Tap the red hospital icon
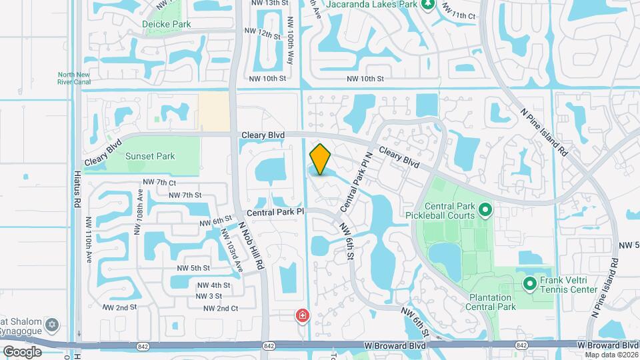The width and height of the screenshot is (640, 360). tap(303, 315)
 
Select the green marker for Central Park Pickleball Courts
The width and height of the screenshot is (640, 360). tap(485, 211)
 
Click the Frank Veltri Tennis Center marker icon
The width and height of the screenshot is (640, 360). tap(530, 285)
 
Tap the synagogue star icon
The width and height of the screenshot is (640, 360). tap(52, 326)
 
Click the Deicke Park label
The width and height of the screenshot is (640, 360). tap(167, 24)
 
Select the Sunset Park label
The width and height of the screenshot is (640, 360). tap(150, 157)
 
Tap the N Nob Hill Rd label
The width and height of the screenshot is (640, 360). tap(251, 245)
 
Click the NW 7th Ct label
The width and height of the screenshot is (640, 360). tap(159, 182)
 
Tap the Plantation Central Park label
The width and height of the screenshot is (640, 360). tap(488, 302)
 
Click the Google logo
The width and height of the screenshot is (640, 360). tap(22, 351)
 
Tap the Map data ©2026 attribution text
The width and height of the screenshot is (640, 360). tap(611, 355)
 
